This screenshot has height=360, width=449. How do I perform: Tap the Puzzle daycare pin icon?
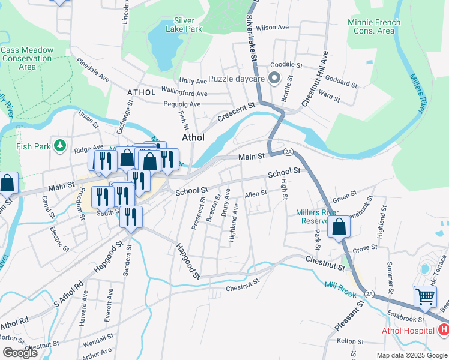[x=275, y=79]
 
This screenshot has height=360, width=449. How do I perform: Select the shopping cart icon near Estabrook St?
[x=425, y=296]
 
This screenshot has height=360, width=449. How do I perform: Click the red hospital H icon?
[x=444, y=330]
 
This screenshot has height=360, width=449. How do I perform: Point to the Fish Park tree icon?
[x=59, y=146]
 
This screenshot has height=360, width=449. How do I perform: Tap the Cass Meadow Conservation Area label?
[x=27, y=59]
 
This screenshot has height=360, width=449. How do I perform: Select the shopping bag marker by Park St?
[x=339, y=227]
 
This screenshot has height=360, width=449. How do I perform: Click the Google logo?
[x=20, y=352]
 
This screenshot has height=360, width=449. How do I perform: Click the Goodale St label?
[x=286, y=64]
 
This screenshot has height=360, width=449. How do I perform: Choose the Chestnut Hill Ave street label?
[x=315, y=79]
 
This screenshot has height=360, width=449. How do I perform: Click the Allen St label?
[x=255, y=193]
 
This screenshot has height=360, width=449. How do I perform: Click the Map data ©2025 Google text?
[x=411, y=355]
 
